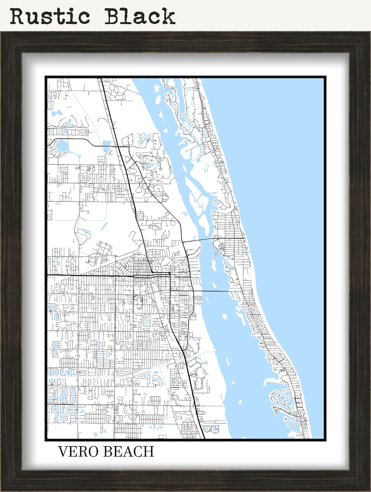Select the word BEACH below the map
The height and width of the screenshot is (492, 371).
point(129,452)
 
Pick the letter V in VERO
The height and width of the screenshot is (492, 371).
point(63,452)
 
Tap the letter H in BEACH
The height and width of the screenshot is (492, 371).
point(149,452)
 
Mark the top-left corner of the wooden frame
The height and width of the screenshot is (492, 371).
point(2,33)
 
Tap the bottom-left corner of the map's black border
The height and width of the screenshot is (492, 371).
point(46,440)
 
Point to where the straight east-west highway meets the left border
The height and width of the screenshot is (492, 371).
point(47,275)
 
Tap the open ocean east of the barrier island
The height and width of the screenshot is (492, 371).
point(285,187)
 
